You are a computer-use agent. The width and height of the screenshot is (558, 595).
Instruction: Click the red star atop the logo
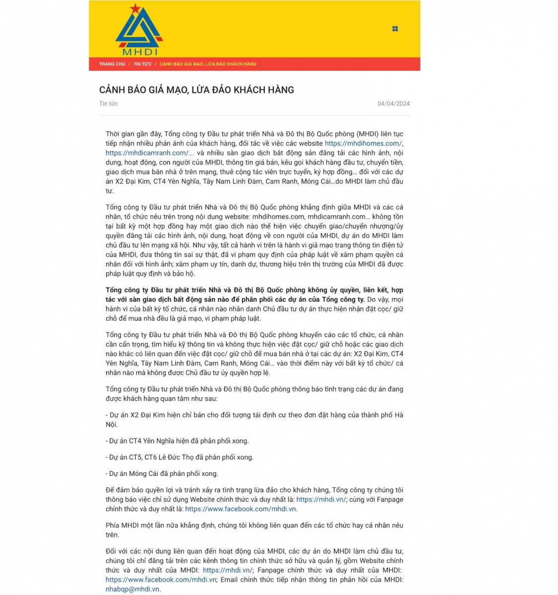click(135, 8)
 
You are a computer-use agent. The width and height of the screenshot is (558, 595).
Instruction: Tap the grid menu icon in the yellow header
click(395, 29)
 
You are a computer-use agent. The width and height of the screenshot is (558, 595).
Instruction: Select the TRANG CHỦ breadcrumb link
click(112, 64)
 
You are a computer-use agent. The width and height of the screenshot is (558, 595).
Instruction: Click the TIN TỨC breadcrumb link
click(142, 64)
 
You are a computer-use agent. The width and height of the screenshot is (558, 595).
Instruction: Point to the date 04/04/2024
click(393, 104)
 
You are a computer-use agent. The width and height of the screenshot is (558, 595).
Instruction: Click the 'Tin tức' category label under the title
click(109, 104)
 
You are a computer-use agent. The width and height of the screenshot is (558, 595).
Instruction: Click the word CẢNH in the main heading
click(112, 90)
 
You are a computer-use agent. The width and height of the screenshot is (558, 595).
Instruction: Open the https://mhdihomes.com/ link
click(363, 143)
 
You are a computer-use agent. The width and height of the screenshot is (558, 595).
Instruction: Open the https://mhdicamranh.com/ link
click(147, 153)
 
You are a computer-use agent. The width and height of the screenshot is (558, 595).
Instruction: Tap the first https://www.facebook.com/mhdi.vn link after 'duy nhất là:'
click(241, 509)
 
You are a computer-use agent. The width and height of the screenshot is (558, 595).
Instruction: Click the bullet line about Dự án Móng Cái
click(162, 474)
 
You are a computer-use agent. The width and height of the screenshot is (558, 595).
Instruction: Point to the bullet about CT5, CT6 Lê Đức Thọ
click(180, 457)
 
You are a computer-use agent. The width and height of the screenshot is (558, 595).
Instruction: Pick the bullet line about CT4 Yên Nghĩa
click(178, 441)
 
